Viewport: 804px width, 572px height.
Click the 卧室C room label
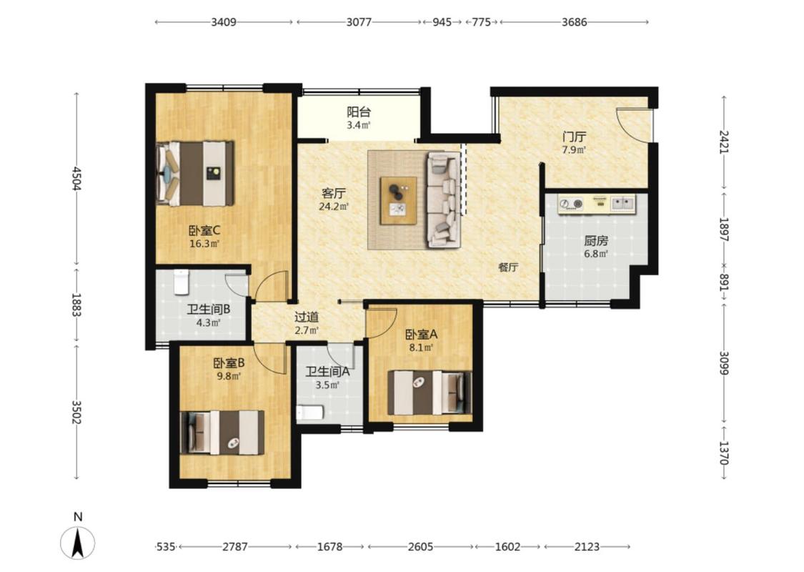click(x=204, y=230)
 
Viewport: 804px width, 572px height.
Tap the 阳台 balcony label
click(x=359, y=112)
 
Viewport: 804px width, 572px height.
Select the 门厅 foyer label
click(x=574, y=137)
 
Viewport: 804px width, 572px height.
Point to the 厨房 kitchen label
click(x=595, y=241)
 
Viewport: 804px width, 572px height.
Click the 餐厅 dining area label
click(x=508, y=267)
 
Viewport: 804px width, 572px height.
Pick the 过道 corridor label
click(x=307, y=317)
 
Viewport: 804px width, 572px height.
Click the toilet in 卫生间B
click(x=182, y=282)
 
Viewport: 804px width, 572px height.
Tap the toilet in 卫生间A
click(x=309, y=413)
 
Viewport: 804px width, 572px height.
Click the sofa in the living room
click(x=444, y=200)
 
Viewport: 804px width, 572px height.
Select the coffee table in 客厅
click(x=398, y=201)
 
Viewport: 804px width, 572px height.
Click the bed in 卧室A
click(x=430, y=393)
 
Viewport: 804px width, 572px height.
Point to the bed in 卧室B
click(x=222, y=433)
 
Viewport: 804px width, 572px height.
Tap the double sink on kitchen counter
click(x=622, y=203)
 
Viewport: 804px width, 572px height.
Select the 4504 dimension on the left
click(x=77, y=179)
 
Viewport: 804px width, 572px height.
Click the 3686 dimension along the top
click(x=575, y=22)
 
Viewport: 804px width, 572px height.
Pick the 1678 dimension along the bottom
click(x=329, y=547)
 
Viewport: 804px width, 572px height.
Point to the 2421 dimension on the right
click(x=723, y=142)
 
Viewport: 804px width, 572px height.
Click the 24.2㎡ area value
click(x=334, y=207)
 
